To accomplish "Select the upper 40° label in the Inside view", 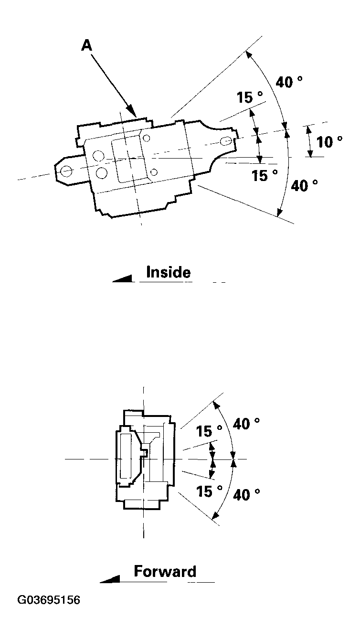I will click(x=289, y=82).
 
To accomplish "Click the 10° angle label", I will click(x=329, y=142).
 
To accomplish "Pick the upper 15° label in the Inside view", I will click(x=250, y=98).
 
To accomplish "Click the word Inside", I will click(x=168, y=272).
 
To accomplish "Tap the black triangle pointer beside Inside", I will click(x=122, y=278).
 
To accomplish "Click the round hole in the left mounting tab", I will click(x=66, y=170).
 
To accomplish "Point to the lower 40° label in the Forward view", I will click(x=247, y=495).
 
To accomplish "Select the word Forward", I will click(x=165, y=572).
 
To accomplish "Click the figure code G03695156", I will click(x=49, y=613).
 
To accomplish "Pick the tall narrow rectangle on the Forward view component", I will click(x=127, y=456).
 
